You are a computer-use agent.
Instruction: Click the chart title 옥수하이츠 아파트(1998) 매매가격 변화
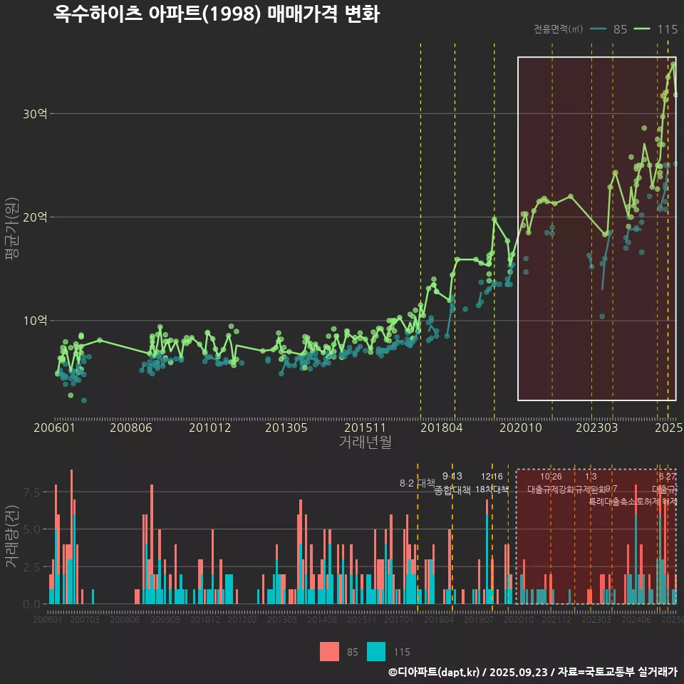217,14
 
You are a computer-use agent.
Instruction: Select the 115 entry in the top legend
667,29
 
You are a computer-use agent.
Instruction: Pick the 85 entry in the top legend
620,29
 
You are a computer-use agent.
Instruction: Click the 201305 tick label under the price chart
286,427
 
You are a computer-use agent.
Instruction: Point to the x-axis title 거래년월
365,442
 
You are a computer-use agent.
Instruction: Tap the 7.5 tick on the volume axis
33,492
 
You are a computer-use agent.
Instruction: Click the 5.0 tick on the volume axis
33,529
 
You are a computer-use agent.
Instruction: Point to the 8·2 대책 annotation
417,483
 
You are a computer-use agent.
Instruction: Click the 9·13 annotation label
452,476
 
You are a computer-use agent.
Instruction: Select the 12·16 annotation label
492,476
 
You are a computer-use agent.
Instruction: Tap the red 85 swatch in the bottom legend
329,651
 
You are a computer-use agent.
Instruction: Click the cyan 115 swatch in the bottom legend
376,651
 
